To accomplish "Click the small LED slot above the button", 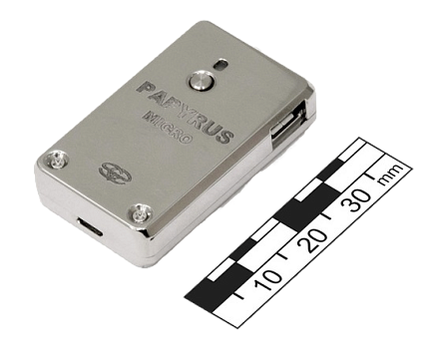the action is (220, 64).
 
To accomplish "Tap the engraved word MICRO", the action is (168, 128).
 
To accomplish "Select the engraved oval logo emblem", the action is (116, 173).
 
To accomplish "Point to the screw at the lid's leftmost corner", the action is (58, 160).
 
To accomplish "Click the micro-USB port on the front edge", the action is (90, 226).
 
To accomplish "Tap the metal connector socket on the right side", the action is (288, 124).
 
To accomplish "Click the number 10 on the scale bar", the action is (267, 281).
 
